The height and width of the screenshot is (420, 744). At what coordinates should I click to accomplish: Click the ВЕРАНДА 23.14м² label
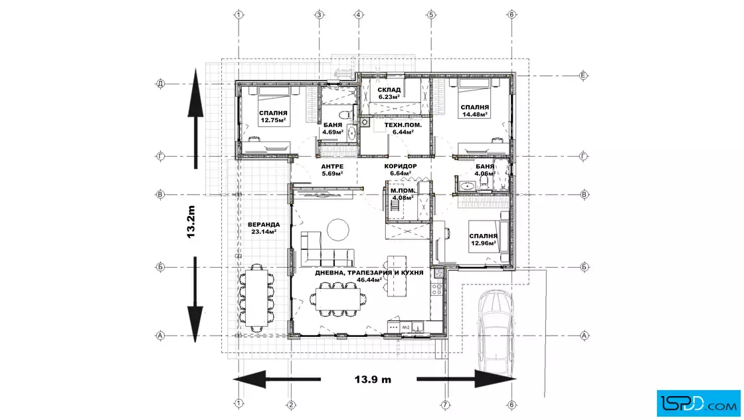(x=264, y=228)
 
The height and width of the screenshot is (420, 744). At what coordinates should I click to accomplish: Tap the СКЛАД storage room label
(x=389, y=93)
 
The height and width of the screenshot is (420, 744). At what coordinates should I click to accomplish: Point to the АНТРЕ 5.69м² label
(x=332, y=170)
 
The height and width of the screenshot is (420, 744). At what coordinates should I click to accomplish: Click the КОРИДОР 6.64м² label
(x=401, y=169)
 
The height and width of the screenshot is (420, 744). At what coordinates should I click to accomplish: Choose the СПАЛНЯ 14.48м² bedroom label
(x=475, y=110)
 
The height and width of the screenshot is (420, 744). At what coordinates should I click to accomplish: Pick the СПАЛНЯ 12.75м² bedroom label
(x=273, y=117)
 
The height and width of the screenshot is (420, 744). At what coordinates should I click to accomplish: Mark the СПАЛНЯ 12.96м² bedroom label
(x=484, y=240)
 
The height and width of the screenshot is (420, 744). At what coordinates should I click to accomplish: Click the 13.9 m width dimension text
(x=373, y=379)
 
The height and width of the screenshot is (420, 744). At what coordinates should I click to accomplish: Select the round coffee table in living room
(x=338, y=230)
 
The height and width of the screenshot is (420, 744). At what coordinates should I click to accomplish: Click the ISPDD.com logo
(x=698, y=403)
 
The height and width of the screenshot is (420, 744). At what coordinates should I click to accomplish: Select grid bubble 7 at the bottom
(x=445, y=405)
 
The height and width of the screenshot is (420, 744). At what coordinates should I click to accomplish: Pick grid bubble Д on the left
(x=160, y=84)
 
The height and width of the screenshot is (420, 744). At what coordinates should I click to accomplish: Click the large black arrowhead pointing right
(x=496, y=379)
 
